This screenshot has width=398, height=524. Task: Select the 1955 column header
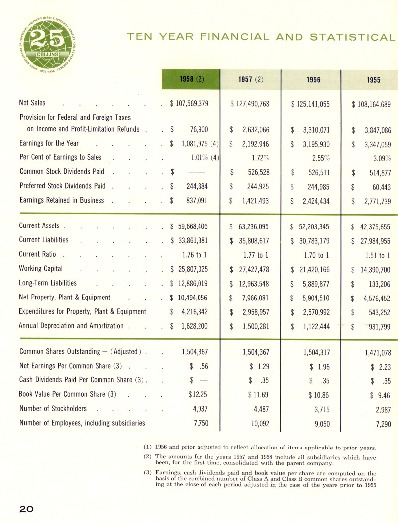pos(373,78)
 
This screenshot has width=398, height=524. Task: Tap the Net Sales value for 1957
pos(250,104)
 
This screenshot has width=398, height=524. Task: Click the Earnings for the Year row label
pos(49,144)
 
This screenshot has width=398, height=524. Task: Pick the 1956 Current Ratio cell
pos(311,255)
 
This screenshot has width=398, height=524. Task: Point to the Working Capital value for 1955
pos(371,269)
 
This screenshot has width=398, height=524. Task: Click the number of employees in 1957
pos(258,423)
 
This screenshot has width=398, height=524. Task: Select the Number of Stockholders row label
pos(53,409)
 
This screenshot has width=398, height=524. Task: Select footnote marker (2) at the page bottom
pos(147,456)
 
